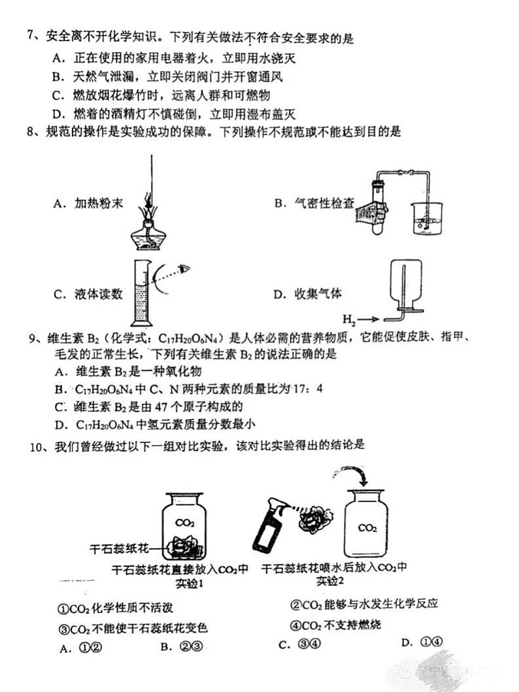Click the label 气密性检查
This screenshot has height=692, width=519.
pos(314,203)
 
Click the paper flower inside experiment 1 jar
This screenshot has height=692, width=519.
pos(186,544)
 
